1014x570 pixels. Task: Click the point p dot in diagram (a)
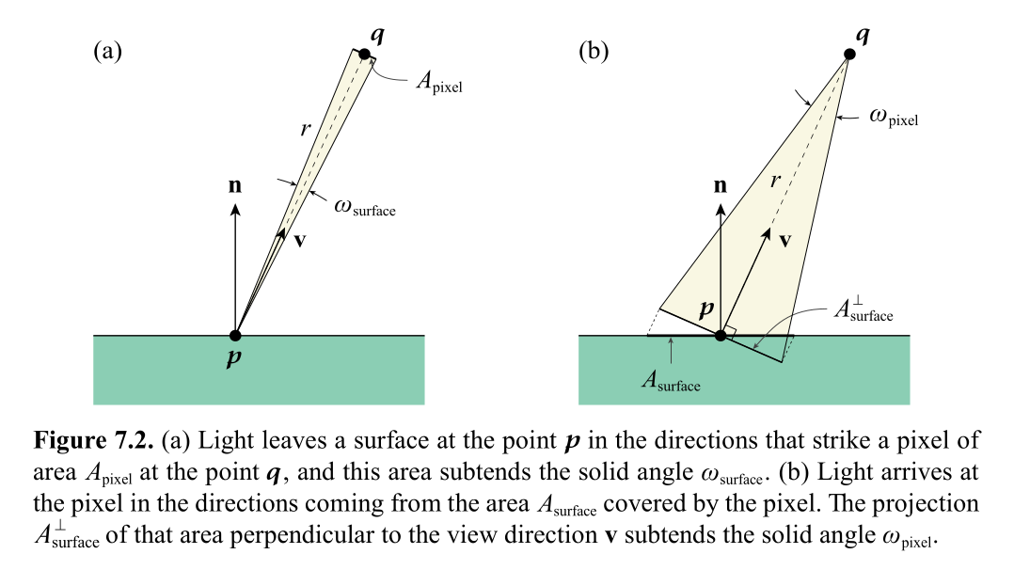click(235, 335)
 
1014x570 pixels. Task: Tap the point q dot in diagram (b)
click(848, 54)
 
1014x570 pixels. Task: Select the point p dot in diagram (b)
click(721, 335)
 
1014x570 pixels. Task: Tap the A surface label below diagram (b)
click(671, 381)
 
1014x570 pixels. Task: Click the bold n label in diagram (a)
click(235, 185)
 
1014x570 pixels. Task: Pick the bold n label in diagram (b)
click(721, 185)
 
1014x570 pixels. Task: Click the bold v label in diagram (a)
click(299, 240)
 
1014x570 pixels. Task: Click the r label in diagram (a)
click(305, 130)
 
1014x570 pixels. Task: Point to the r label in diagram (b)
click(776, 180)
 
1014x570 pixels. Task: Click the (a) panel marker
click(108, 51)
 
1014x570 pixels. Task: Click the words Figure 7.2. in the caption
click(94, 439)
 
